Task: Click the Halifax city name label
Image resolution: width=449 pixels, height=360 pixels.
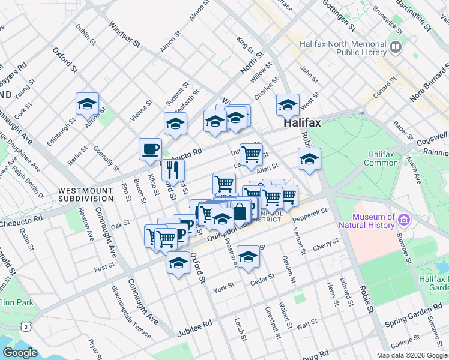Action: point(302,122)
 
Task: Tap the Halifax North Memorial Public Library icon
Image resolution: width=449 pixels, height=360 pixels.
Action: point(396,47)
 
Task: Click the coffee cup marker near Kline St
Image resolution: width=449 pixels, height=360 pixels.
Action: point(150,149)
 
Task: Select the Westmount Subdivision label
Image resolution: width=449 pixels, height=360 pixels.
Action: point(85,194)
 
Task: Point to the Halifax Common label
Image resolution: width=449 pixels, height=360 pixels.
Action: point(381,158)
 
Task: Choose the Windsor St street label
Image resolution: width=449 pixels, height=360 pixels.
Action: point(124,36)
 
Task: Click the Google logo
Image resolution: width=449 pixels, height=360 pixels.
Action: point(20,353)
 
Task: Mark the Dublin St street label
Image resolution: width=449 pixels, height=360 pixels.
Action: point(86,35)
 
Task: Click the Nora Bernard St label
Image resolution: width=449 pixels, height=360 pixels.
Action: point(426,84)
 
